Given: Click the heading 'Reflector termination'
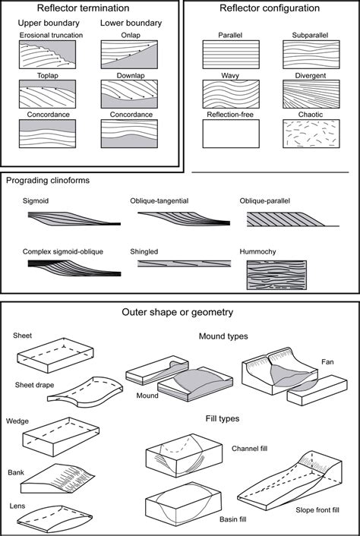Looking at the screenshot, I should click(x=90, y=8).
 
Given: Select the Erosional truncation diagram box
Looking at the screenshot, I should click(x=47, y=55).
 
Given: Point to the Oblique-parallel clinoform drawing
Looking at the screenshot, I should click(x=277, y=221).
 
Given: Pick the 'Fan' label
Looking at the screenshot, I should click(x=327, y=362).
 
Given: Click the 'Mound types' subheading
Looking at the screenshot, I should click(x=223, y=335).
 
